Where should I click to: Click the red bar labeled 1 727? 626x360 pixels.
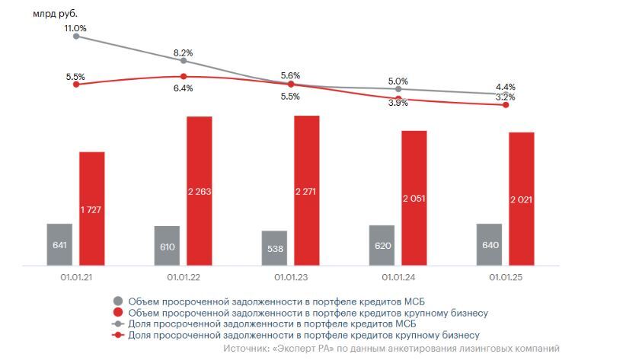pos(91,209)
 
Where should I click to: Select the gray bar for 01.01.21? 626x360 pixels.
pos(59,244)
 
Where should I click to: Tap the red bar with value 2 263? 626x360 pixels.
pos(199,191)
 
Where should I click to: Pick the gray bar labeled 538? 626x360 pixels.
pos(274,248)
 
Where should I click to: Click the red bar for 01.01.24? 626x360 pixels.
pos(414,198)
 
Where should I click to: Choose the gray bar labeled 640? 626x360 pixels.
pos(489,244)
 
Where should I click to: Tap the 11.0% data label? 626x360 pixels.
pos(75,28)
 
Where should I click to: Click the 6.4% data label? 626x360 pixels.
pos(183,88)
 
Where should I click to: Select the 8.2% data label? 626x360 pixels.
pos(183,53)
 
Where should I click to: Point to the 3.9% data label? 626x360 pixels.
pos(398,103)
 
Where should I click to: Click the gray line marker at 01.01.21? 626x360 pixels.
pos(75,36)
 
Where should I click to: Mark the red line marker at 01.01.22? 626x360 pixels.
pos(183,76)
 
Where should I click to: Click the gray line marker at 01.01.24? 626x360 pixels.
pos(398,89)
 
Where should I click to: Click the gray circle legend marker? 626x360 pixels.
pos(117,300)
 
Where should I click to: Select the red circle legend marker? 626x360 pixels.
pos(117,312)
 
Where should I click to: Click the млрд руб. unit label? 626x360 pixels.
pos(55,13)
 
